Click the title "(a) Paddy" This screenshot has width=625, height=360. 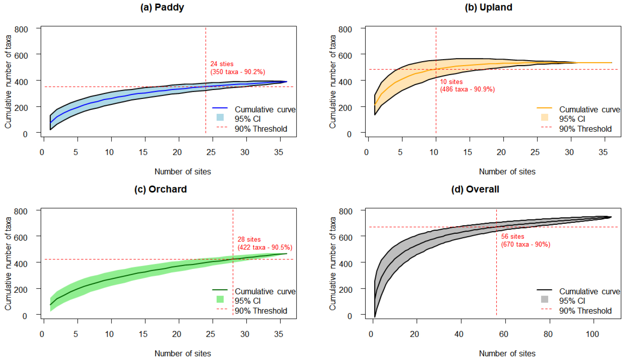coord(162,7)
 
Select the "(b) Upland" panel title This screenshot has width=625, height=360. coord(488,7)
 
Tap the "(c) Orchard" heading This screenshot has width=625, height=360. coord(160,189)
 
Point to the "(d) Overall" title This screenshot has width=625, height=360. coord(475,189)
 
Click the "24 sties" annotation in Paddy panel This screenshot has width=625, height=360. coord(222,64)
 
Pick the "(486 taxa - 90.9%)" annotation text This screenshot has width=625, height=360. coord(467,89)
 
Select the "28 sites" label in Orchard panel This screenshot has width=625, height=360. coord(249,239)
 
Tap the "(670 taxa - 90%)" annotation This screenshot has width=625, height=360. coord(525,244)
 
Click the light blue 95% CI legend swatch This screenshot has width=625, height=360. coord(220,117)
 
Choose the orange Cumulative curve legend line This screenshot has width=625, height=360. coord(544,108)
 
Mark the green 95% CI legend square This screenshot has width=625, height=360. coord(220,300)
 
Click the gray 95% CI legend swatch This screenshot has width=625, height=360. coord(544,300)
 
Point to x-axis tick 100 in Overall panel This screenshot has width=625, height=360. coord(592,334)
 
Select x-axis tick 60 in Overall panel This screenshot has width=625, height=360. coord(503,334)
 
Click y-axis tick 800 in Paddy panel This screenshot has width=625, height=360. coord(21,29)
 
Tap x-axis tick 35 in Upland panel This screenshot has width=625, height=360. coord(603,152)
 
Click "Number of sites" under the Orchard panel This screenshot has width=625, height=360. coord(182,354)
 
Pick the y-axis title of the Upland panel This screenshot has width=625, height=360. coord(333,81)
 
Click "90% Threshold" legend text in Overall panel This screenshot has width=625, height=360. coord(585,311)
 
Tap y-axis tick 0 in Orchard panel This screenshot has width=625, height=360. coord(25,316)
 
